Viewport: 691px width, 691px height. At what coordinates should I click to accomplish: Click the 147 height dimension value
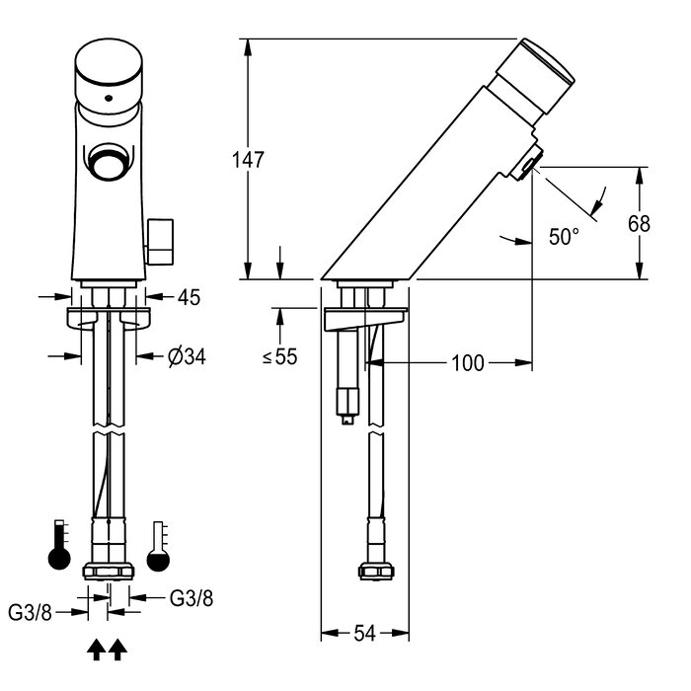tap(248, 159)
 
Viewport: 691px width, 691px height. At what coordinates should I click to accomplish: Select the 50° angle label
tap(564, 237)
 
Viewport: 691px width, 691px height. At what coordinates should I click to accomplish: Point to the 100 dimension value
tap(470, 363)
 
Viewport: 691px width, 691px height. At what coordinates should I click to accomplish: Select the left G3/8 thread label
tap(29, 612)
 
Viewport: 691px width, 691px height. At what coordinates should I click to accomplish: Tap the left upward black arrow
tap(97, 649)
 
